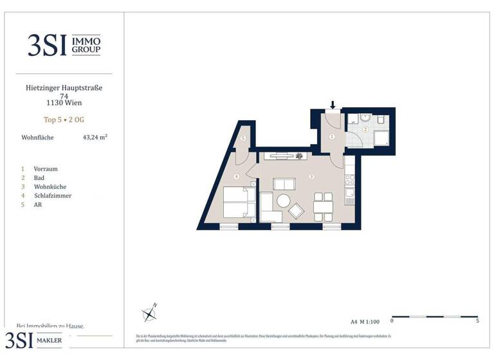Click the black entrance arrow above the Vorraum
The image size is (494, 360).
pos(333,104)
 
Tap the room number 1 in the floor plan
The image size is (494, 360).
pos(332,136)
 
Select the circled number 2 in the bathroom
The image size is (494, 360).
pos(364,129)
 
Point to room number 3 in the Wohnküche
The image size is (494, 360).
pos(311,176)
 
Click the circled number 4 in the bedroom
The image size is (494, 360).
pos(237,177)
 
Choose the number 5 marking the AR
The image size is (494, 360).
pos(243,138)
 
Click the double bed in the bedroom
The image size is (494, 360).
pos(236,203)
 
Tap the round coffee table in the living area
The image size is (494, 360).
pos(284,201)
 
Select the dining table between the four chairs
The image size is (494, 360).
pos(322,206)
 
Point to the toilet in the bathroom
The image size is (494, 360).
pos(381,120)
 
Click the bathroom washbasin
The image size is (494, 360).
pos(364,117)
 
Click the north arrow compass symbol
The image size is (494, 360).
pos(150,313)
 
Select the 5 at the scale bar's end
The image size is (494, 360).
pos(477,321)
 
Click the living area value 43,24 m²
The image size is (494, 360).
pos(95,137)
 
